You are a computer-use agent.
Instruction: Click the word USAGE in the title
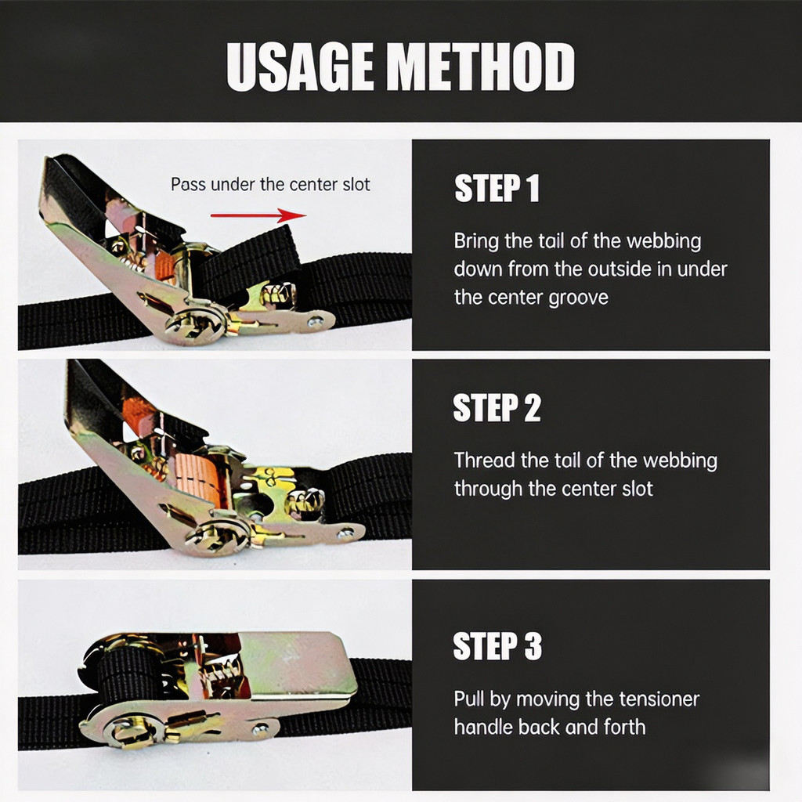[x=300, y=67]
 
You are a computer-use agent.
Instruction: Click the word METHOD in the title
[x=480, y=67]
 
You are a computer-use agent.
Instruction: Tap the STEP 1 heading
[x=497, y=188]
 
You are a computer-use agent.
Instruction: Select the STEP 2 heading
[x=497, y=407]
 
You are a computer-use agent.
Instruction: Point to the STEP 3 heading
[x=497, y=645]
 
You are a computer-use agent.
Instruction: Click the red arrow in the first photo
[x=258, y=215]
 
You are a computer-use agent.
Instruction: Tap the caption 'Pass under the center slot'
[x=270, y=184]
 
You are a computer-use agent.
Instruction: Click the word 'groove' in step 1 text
[x=578, y=298]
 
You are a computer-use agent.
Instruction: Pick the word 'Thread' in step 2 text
[x=484, y=461]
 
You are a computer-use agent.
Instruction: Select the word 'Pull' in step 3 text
[x=469, y=699]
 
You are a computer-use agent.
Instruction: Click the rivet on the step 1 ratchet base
[x=315, y=322]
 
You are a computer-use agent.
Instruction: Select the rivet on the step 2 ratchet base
[x=345, y=534]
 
